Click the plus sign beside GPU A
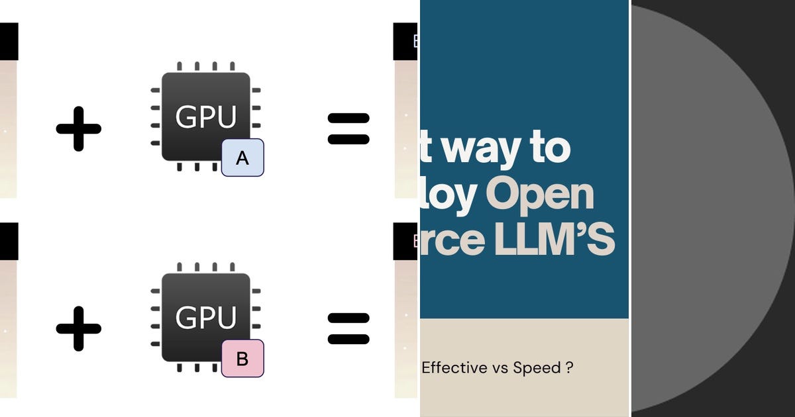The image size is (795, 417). pos(78,128)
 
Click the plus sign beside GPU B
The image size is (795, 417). pos(78,328)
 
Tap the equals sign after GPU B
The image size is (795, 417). pos(348,329)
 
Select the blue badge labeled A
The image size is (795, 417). pos(242,158)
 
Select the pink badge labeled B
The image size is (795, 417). pos(242,359)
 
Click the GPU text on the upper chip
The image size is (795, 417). pos(206,117)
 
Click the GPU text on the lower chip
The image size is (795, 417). pos(206,318)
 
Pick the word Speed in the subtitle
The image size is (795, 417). pos(537,367)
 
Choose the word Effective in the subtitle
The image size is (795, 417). pos(454,367)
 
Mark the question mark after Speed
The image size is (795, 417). pos(570,367)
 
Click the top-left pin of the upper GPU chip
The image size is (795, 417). pos(180,67)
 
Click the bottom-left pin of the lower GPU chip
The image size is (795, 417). pos(180,367)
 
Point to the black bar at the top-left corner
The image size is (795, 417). pos(9,41)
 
